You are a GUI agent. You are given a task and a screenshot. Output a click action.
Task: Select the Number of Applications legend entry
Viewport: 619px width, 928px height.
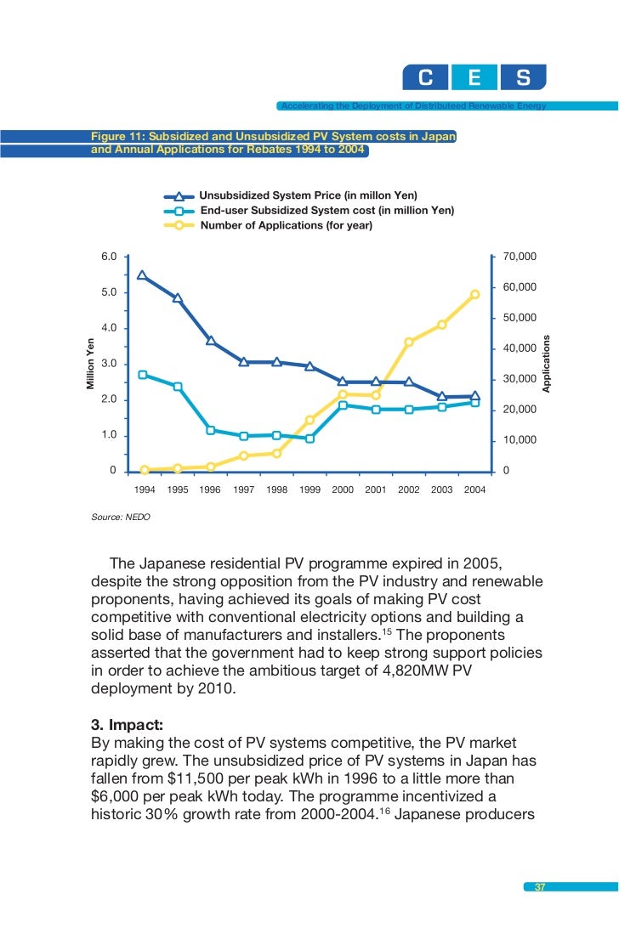click(286, 225)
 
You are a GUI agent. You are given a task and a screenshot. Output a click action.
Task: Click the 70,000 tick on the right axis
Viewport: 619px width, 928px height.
click(520, 256)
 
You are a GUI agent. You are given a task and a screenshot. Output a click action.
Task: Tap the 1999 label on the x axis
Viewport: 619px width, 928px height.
click(309, 490)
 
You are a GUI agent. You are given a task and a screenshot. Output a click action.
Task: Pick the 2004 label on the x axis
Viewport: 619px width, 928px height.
click(474, 490)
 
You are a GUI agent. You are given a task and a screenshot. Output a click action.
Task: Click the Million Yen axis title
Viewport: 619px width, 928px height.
click(90, 365)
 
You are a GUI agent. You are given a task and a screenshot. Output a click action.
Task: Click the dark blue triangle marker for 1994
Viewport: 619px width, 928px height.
click(142, 275)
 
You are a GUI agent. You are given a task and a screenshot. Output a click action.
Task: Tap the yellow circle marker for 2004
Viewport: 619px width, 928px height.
click(475, 294)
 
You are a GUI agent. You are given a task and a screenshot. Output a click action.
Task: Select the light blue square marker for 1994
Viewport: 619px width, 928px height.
click(143, 375)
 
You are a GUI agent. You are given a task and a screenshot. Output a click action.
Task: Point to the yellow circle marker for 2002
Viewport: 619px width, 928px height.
click(409, 342)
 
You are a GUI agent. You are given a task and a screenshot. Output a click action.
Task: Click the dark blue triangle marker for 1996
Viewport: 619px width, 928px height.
click(210, 341)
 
